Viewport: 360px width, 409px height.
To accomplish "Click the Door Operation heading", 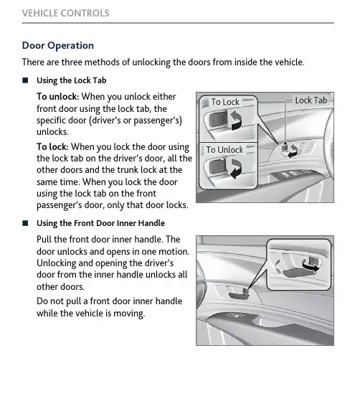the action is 58,46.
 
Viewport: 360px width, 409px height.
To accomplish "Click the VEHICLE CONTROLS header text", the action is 66,13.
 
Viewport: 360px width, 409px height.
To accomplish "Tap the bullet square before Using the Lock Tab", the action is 25,80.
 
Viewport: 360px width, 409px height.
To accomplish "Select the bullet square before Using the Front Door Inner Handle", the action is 25,223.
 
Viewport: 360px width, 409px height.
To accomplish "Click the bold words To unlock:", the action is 57,97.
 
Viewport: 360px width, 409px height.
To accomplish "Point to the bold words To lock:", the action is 52,147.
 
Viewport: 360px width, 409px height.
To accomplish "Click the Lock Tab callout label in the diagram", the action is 311,100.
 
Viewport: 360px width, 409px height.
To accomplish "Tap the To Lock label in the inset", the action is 225,102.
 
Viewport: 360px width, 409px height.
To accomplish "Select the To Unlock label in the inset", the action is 224,150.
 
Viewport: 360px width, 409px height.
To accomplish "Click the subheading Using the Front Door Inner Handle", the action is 100,223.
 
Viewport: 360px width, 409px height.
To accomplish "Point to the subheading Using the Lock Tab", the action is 72,80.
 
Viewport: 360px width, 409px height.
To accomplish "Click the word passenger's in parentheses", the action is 158,121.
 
